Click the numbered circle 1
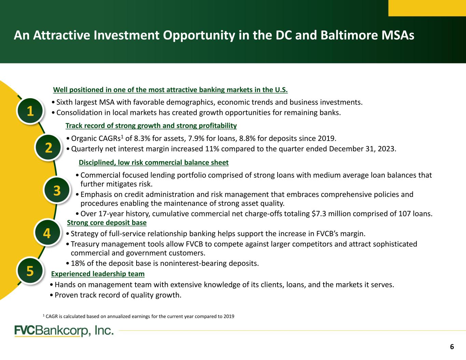click(x=30, y=111)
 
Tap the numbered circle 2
click(x=48, y=148)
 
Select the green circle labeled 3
click(x=57, y=190)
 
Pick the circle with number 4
click(x=47, y=233)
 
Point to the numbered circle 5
click(x=30, y=271)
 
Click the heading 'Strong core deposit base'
click(x=107, y=222)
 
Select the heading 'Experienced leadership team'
click(x=98, y=274)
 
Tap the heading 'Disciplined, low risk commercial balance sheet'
click(x=154, y=162)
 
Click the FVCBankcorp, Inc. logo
click(x=64, y=331)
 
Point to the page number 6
click(x=452, y=347)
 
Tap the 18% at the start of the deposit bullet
click(x=78, y=263)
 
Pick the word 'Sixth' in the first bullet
click(x=64, y=102)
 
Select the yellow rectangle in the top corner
click(x=427, y=8)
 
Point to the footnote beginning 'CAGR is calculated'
click(x=139, y=316)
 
